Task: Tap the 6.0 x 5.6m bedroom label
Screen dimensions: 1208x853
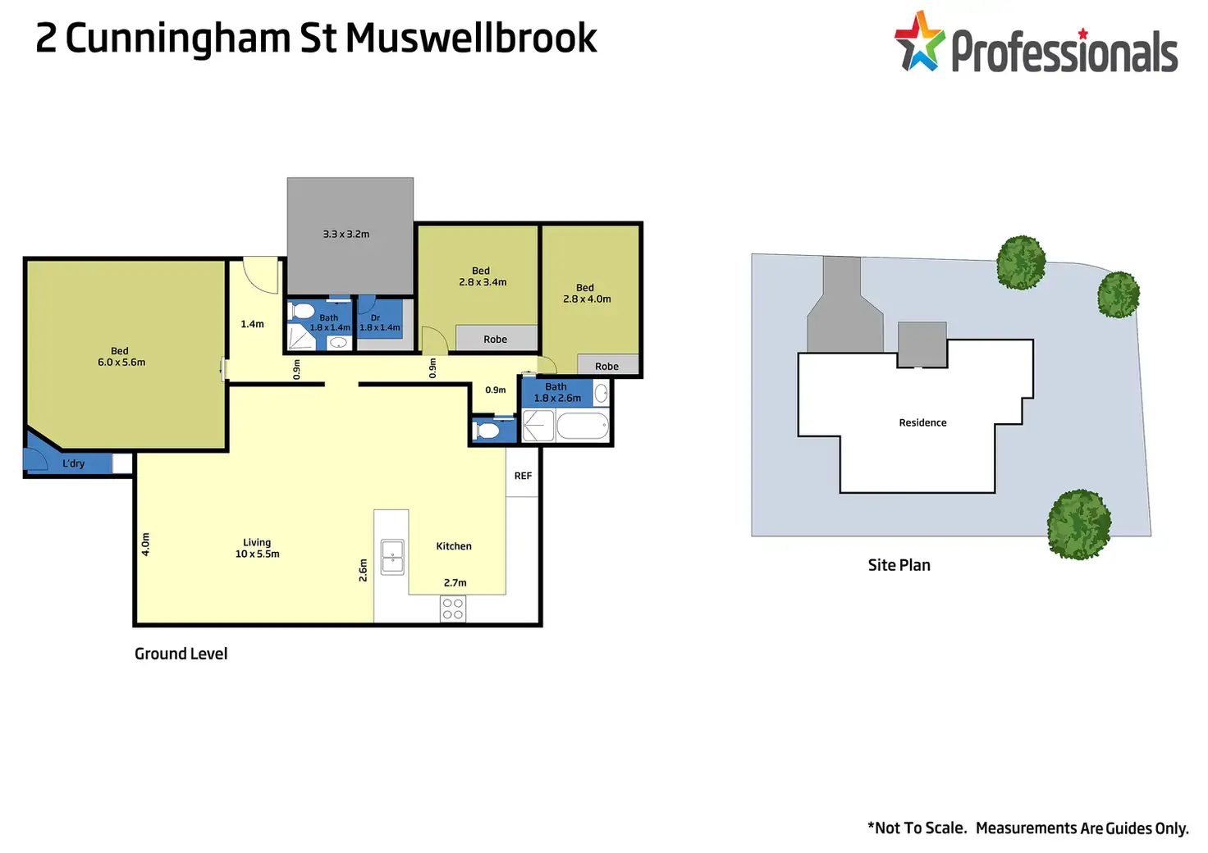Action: pos(121,357)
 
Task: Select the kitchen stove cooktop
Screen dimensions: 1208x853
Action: pos(453,609)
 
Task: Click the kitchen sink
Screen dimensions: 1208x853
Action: pos(392,557)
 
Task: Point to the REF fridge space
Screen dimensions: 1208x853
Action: pos(523,476)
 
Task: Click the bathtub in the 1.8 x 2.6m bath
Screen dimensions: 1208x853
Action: pos(583,426)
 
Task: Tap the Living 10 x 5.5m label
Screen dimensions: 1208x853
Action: pos(257,548)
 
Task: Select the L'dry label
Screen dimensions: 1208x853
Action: pos(73,463)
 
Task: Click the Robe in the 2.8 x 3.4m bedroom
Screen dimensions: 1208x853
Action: pos(496,339)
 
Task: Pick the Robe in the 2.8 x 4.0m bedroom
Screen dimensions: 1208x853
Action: pos(607,366)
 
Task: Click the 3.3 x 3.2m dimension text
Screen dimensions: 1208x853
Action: pos(346,234)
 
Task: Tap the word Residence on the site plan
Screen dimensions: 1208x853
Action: pos(922,422)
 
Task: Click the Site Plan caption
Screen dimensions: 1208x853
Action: pos(899,565)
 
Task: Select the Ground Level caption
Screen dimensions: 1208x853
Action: pos(181,654)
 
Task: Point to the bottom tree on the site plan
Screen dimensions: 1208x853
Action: pos(1079,524)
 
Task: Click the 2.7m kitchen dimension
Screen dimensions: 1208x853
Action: pos(455,582)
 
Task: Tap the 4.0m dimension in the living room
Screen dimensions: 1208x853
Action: pos(145,545)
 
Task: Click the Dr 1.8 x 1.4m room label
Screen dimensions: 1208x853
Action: pos(380,322)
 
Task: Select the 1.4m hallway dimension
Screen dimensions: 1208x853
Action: pos(252,324)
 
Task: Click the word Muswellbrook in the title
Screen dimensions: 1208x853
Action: pos(471,39)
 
